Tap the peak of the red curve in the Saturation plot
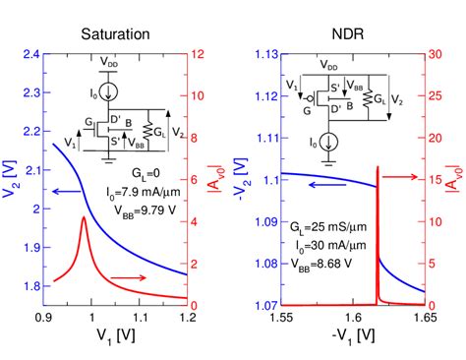(84, 218)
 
